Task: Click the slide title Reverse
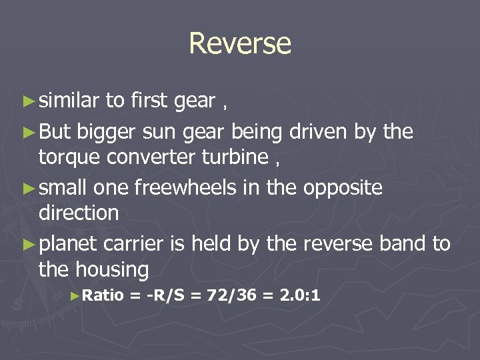[x=240, y=44]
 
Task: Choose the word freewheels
[x=183, y=188]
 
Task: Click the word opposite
[x=343, y=188]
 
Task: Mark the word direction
[x=79, y=213]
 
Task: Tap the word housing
[x=112, y=269]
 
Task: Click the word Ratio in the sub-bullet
[x=105, y=295]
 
